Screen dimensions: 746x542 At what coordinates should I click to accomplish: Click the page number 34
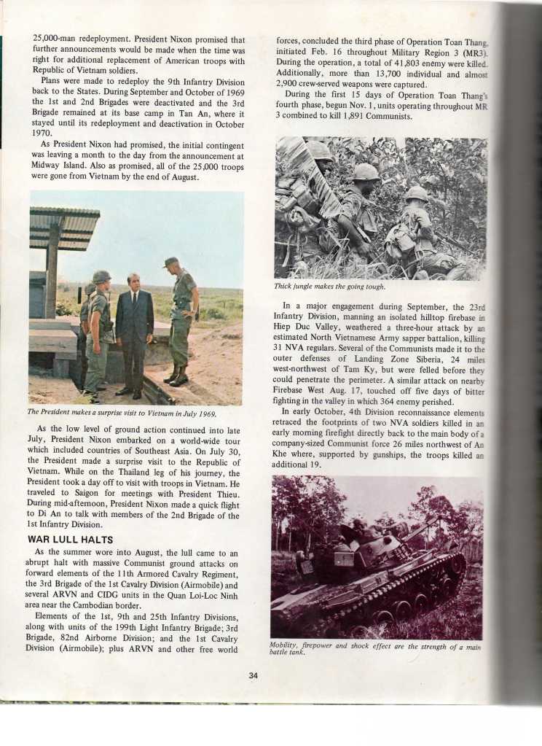(x=253, y=675)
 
